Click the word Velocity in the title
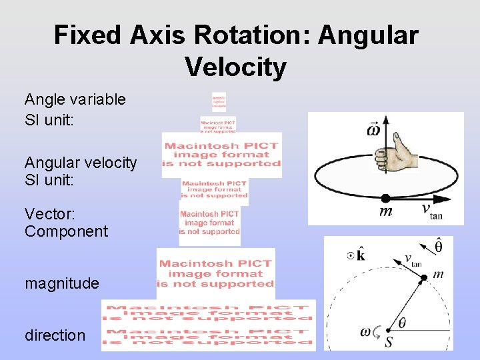236,67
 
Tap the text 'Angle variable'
75,99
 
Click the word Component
66,231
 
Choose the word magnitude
62,283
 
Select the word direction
55,335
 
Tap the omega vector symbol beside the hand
375,129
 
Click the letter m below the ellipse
385,212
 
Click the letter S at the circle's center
389,343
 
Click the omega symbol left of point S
365,331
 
